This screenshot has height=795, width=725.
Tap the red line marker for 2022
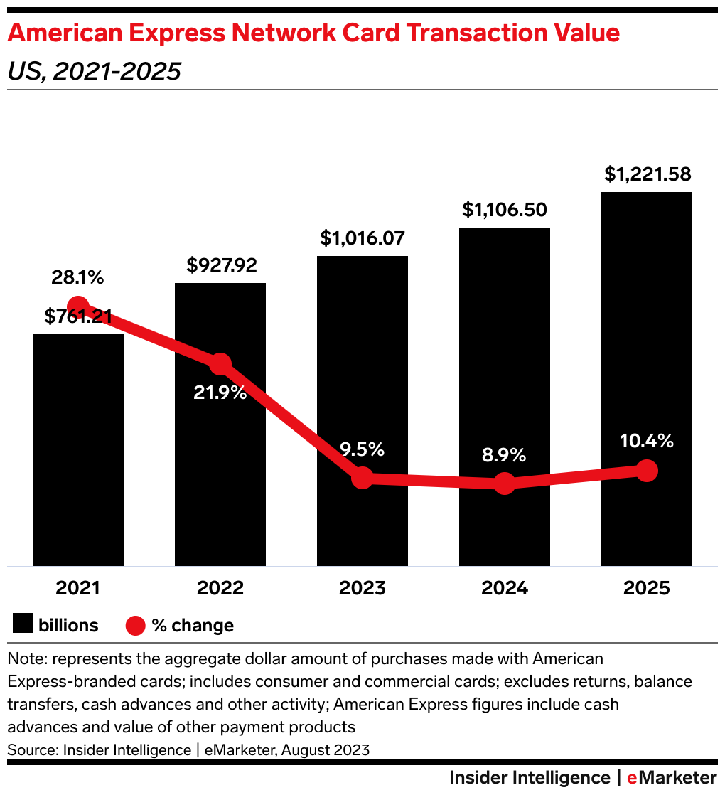pos(220,363)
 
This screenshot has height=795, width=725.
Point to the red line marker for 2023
pos(362,478)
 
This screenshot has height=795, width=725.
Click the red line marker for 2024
pos(504,484)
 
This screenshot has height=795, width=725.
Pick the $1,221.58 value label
pos(648,174)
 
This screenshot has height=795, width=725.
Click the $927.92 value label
pos(221,265)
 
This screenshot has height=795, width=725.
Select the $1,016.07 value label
pos(363,238)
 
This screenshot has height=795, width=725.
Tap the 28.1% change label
pos(77,277)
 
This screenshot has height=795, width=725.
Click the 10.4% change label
pos(645,441)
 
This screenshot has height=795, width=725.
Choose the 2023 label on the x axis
pos(362,588)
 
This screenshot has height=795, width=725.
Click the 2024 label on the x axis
pos(504,588)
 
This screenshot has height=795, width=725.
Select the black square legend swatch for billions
pos(22,625)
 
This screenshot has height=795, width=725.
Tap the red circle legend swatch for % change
pos(136,625)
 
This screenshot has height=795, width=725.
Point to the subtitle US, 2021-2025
pos(93,71)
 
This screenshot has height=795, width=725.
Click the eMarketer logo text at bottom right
pos(672,777)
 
